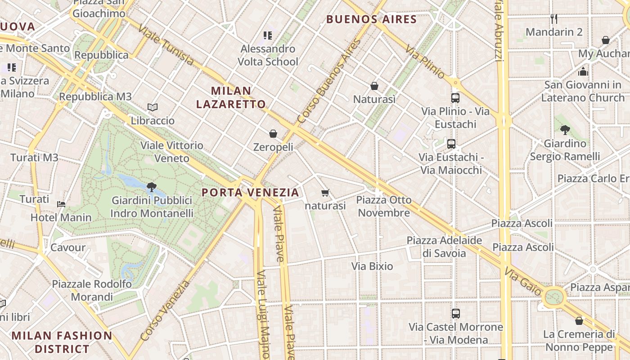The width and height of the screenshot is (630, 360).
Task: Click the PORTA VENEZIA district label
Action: coord(250,193)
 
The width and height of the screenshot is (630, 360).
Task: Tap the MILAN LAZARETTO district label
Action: coord(231,98)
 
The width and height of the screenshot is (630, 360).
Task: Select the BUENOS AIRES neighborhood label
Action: coord(371,19)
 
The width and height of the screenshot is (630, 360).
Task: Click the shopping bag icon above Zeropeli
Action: coord(273,134)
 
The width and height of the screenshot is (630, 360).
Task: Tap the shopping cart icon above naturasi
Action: coord(325,193)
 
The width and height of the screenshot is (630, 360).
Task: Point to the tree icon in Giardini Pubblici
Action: coord(152,187)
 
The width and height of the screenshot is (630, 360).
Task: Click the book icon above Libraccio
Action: coord(153,108)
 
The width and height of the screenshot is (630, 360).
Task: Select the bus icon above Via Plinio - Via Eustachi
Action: coord(455,98)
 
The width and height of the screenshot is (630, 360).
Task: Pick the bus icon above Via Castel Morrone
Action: coord(456,313)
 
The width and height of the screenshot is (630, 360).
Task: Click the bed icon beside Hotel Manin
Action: coord(61,204)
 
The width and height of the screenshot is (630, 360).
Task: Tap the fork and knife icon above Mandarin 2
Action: coord(554,19)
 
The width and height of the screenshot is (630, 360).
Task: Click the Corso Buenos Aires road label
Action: coord(329,81)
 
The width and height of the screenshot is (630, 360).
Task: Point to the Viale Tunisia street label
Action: coord(166,45)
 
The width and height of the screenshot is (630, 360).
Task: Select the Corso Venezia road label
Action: coord(165,310)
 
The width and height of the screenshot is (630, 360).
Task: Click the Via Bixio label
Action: coord(372,266)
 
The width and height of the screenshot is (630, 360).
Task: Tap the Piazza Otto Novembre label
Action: coord(384,206)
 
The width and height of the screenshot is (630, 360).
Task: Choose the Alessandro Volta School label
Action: coord(268,55)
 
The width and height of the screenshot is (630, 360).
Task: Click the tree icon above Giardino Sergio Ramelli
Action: coord(565,130)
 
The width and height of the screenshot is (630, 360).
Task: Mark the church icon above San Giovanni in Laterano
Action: coord(583,72)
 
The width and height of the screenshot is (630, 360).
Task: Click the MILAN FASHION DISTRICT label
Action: coord(62,342)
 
